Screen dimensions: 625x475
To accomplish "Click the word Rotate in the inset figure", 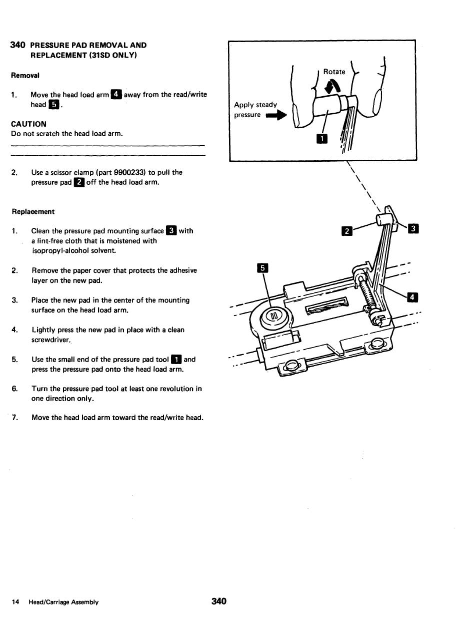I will click(x=334, y=72).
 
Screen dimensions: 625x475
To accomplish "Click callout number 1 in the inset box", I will click(x=323, y=138).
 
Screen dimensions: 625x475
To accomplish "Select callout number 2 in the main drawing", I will click(x=345, y=231).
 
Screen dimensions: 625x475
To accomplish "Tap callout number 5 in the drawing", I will click(x=263, y=268).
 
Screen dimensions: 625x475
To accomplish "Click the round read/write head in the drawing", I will click(x=274, y=316).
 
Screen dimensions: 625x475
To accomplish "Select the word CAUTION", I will click(x=28, y=124).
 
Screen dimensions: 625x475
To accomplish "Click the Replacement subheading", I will click(x=33, y=211).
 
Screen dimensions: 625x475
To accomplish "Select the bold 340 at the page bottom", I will click(x=219, y=601).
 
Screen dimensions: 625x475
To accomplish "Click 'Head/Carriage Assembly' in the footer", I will click(x=63, y=602).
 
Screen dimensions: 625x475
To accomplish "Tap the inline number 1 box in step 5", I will click(x=175, y=359).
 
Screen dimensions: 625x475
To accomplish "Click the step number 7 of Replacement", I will click(x=14, y=418).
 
